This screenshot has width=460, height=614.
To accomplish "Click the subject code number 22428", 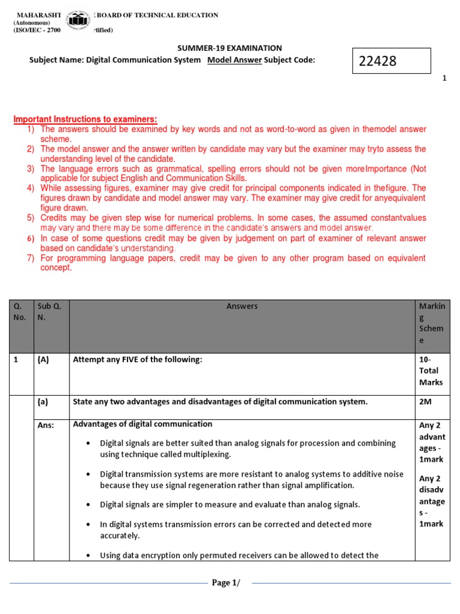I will pos(377,61).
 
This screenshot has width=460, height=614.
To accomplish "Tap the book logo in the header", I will pos(78,22).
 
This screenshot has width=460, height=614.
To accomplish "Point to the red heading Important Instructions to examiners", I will pos(85,119).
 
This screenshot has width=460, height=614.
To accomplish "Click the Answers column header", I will pos(242,306).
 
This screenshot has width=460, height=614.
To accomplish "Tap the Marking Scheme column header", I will pos(432,323).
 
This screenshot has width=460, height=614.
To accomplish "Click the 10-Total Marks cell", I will pos(432,371).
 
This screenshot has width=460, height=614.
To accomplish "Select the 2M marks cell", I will pos(426,402).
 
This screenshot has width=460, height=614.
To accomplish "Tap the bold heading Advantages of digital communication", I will pos(143,424).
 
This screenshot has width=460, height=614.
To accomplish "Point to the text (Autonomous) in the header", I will pos(32,23).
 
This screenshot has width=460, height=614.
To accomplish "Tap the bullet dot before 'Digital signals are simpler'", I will pos(88,504).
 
